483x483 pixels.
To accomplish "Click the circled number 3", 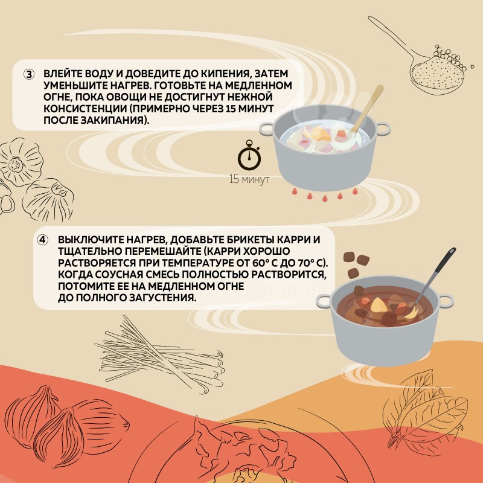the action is tap(29, 74).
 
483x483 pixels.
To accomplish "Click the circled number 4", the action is tap(42, 240).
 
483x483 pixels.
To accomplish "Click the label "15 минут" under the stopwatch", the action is tap(249, 179).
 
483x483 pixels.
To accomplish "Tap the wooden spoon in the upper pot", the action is tap(367, 109).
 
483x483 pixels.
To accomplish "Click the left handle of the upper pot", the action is tap(267, 129).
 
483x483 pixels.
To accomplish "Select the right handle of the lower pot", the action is tap(446, 301).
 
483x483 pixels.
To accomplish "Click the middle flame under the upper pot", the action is tap(325, 197).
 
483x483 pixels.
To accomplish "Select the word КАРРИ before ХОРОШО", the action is tap(223, 251).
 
